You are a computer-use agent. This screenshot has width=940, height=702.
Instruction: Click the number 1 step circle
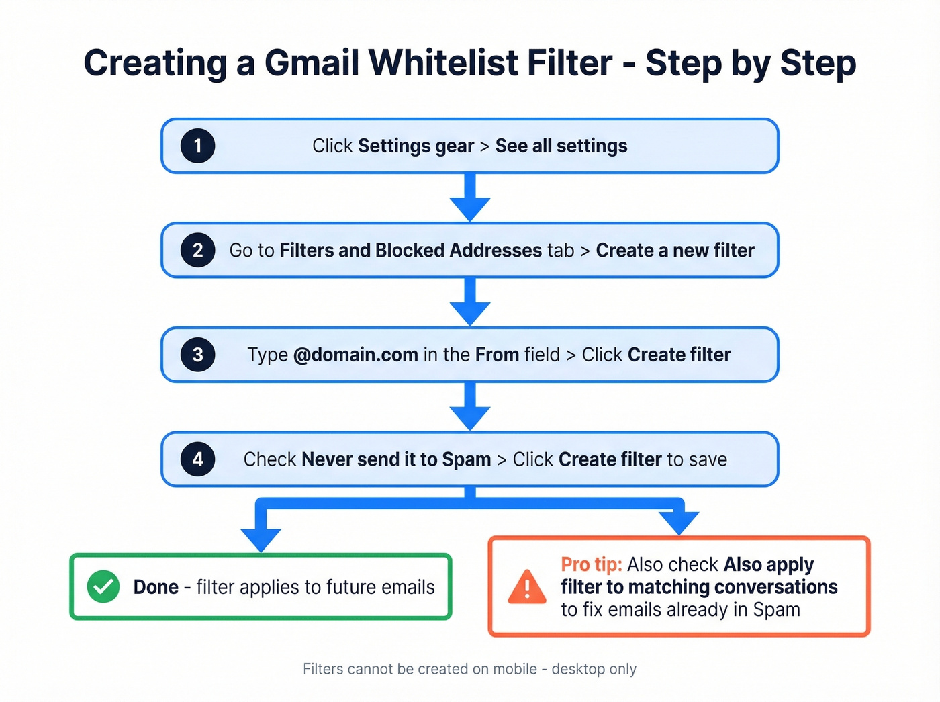[x=197, y=146]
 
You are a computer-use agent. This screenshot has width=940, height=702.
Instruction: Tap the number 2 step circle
[x=197, y=250]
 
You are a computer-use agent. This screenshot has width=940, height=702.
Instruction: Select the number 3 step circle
[x=197, y=355]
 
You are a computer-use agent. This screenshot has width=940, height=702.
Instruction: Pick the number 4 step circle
[x=197, y=459]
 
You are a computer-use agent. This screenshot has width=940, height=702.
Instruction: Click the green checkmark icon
[x=103, y=586]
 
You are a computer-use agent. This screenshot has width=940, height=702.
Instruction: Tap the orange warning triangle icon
[x=527, y=587]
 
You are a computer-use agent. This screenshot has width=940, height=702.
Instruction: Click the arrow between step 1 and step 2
[x=470, y=198]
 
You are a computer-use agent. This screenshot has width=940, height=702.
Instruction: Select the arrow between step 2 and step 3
[x=470, y=302]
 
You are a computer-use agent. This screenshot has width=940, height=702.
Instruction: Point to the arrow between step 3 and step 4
[x=470, y=407]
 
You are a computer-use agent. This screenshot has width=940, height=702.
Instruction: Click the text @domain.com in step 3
[x=356, y=355]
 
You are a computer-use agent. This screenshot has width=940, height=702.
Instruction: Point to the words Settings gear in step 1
[x=416, y=146]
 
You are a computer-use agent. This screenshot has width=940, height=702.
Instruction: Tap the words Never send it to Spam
[x=396, y=459]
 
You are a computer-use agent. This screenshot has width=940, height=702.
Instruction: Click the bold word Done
[x=156, y=587]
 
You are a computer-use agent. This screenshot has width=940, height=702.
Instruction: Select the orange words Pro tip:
[x=592, y=564]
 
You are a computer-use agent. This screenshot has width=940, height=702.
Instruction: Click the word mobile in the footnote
[x=515, y=669]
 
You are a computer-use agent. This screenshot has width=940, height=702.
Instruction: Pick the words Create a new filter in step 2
[x=675, y=250]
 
